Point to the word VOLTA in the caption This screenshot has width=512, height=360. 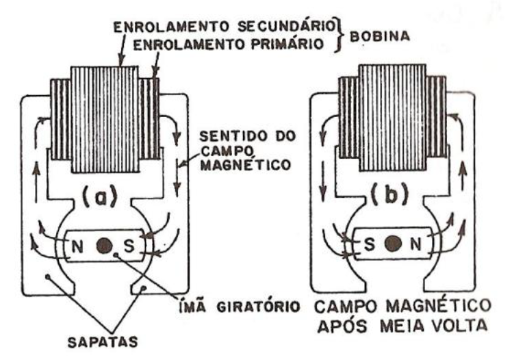tap(465, 326)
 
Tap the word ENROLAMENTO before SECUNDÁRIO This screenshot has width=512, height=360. tap(172, 27)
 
